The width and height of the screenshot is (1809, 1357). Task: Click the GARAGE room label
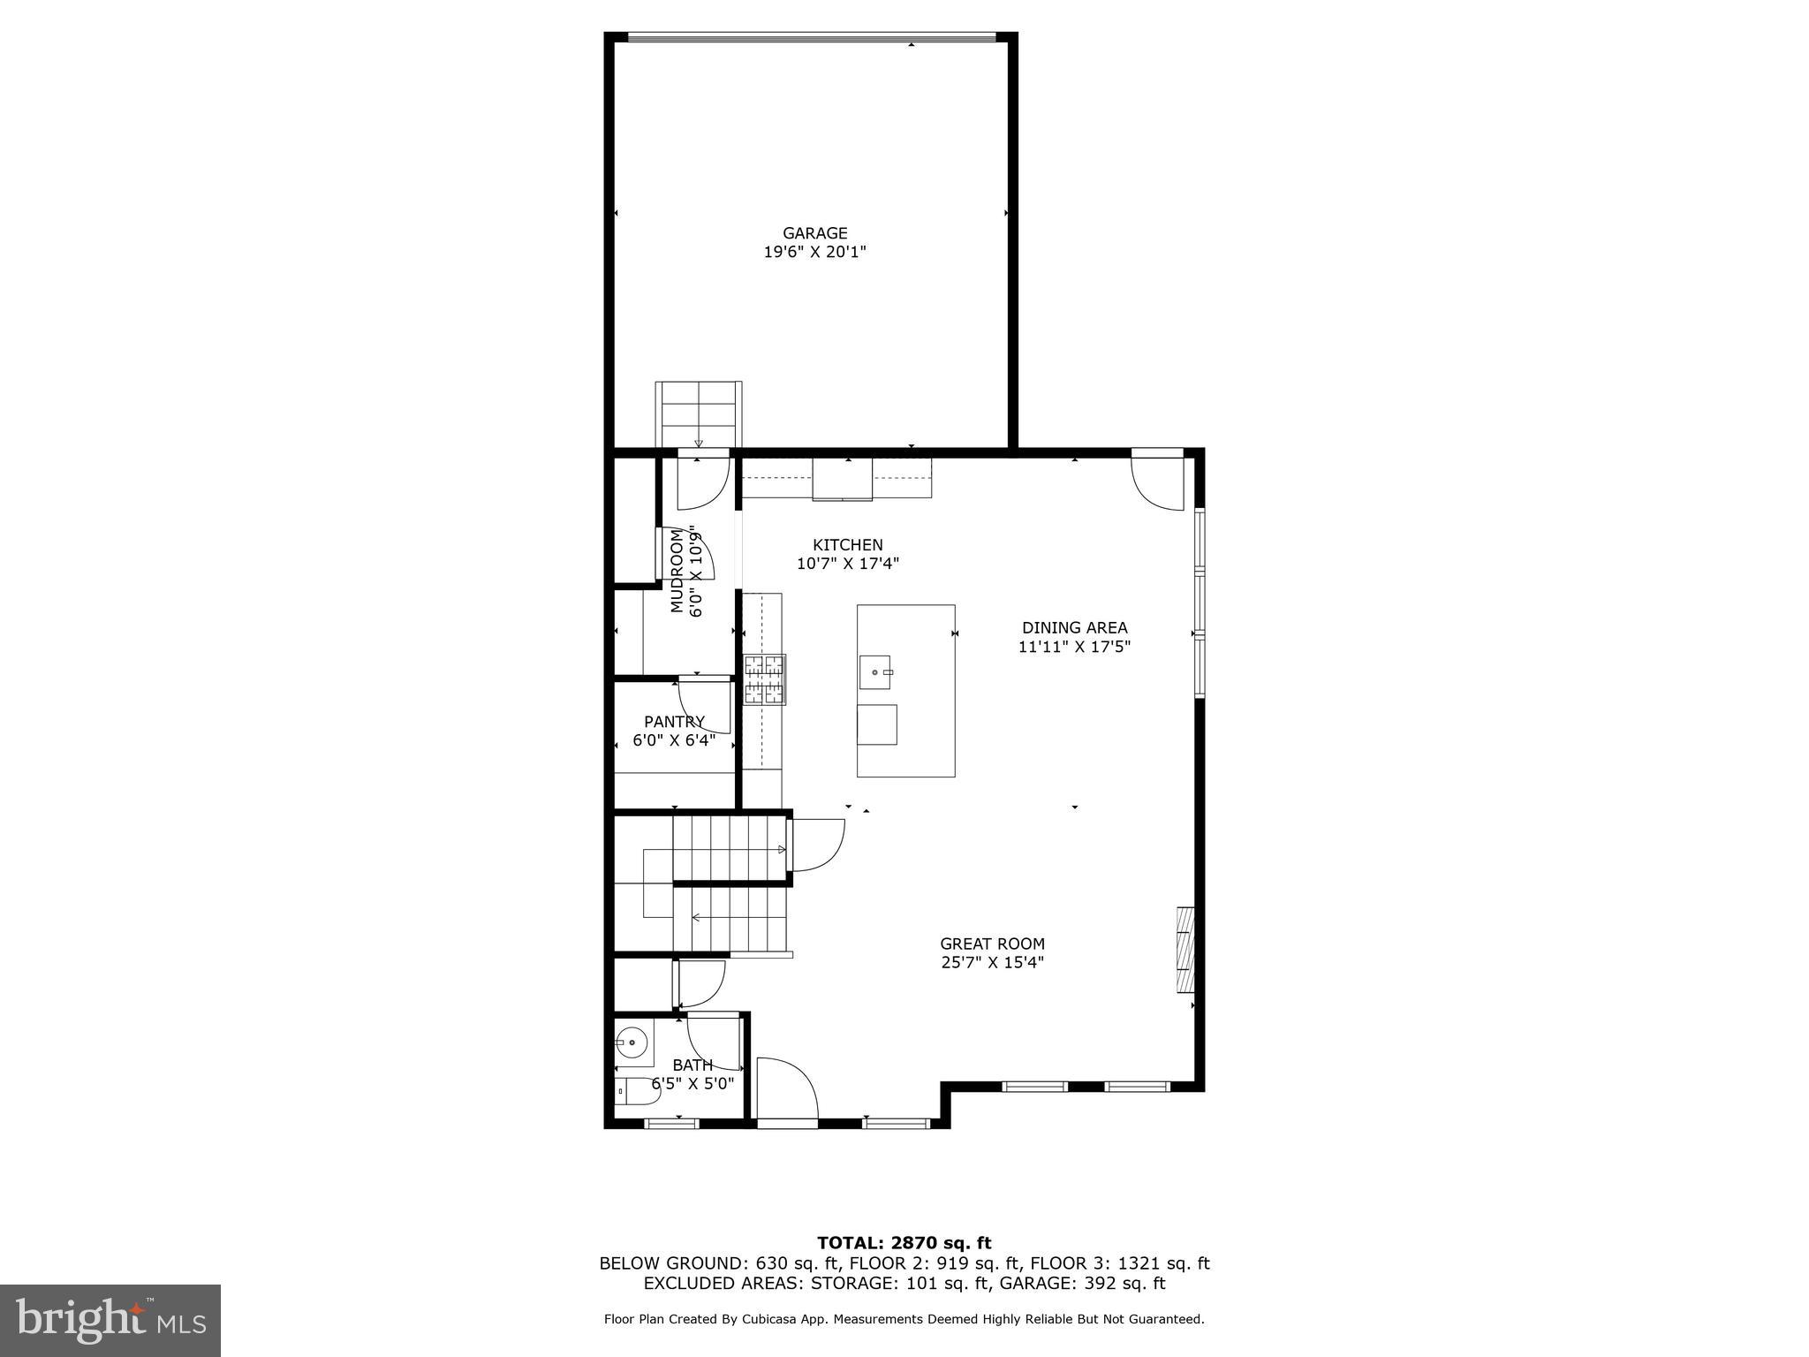pos(814,233)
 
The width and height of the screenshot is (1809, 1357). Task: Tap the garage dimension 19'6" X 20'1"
pos(814,253)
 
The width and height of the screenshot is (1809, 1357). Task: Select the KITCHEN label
pos(847,545)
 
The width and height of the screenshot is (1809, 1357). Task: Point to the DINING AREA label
pos(1074,628)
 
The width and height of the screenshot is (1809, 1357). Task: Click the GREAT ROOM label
pos(992,944)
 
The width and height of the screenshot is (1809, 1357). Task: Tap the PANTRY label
pos(674,722)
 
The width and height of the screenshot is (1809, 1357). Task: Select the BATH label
pos(693,1065)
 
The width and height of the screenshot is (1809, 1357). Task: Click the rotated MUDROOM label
pos(677,571)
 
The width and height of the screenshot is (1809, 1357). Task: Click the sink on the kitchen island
pos(877,672)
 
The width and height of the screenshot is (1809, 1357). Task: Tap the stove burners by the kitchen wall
pos(764,679)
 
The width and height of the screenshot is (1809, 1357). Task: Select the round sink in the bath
pos(632,1043)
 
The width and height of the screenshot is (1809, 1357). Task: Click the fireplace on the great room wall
pos(1184,950)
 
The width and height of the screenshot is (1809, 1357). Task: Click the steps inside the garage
pos(699,415)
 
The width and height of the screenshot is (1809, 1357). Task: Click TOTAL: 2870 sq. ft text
pos(904,1244)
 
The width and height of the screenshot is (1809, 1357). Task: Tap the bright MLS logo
pos(110,1321)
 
